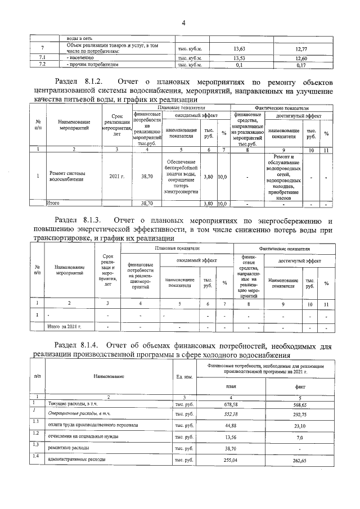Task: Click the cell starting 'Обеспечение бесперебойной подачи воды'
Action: coord(181,177)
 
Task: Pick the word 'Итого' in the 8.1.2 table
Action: coord(53,202)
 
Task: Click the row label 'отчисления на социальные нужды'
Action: coord(83,436)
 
